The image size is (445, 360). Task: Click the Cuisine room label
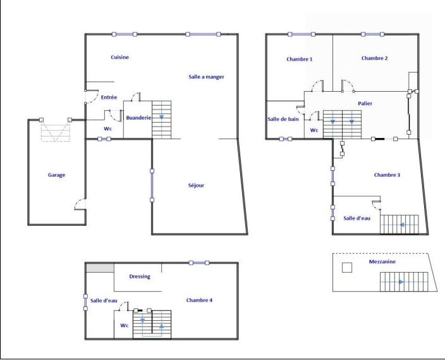click(x=119, y=57)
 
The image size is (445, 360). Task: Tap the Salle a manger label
click(x=206, y=77)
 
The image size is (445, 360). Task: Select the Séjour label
click(x=196, y=185)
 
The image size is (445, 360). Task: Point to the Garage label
click(x=56, y=175)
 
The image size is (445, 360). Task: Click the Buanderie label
click(x=138, y=118)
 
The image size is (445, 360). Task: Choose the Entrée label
click(x=109, y=97)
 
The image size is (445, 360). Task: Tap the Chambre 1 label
click(x=300, y=59)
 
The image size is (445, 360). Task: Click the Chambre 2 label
click(x=375, y=58)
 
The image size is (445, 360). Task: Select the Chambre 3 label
click(x=387, y=175)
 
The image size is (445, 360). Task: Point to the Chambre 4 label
click(x=199, y=300)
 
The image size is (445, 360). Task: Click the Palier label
click(x=365, y=103)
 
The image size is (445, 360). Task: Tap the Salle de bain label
click(x=283, y=119)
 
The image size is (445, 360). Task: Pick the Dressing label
click(x=140, y=276)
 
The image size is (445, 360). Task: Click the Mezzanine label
click(x=382, y=262)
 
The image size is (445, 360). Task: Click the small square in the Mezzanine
click(x=347, y=268)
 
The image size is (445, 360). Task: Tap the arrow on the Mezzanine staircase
click(x=401, y=282)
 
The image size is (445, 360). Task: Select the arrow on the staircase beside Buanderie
click(x=161, y=117)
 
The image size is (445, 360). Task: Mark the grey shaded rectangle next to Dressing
click(x=100, y=268)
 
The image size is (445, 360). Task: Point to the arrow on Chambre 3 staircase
click(x=402, y=225)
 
